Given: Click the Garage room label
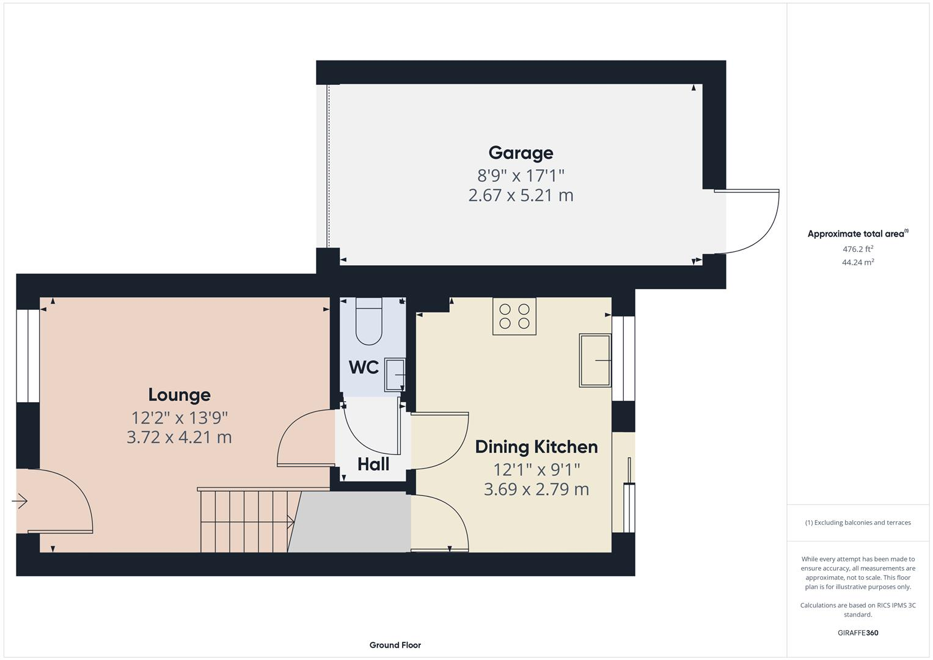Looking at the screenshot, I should (521, 153).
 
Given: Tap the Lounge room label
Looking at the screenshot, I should (179, 395).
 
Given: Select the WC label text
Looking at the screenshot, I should (364, 367).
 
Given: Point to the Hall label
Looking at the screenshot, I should (373, 464).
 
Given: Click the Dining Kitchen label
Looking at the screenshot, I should (536, 447).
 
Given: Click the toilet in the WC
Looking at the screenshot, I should (368, 321).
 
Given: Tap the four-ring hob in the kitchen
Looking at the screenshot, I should (514, 317).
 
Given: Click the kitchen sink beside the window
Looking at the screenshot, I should (595, 361).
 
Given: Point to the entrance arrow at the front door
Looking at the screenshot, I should (20, 502).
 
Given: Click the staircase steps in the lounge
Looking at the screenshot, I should (244, 521).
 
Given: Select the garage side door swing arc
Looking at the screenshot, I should (758, 232).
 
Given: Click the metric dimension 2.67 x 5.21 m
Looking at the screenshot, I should (521, 196).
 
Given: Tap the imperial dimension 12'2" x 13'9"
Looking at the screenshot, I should (179, 418).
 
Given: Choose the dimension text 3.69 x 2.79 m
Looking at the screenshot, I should (536, 490).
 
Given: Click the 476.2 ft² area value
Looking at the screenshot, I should (857, 249).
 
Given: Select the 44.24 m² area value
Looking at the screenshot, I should (857, 262).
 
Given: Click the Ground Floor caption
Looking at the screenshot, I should (395, 645).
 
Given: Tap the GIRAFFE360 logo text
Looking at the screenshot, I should (857, 632).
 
